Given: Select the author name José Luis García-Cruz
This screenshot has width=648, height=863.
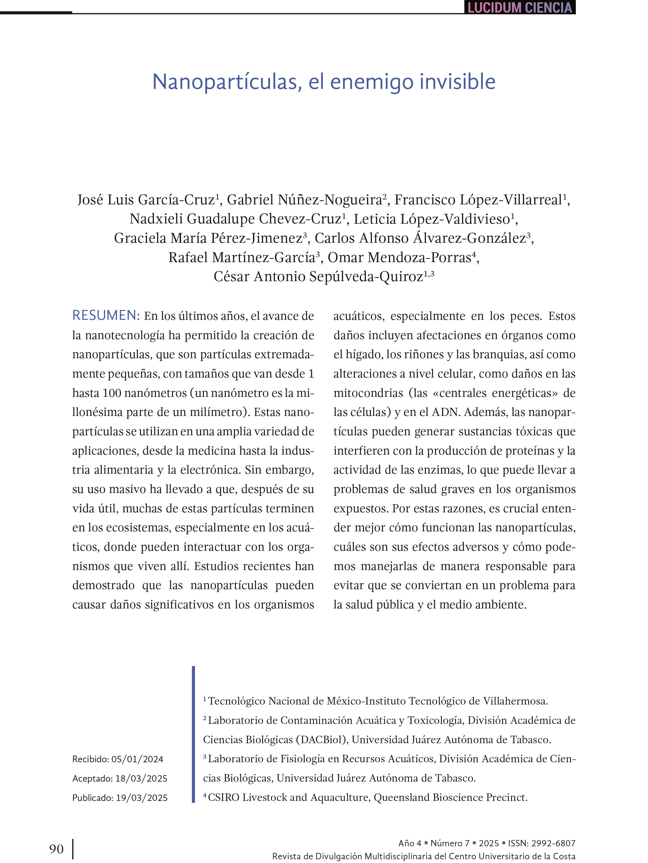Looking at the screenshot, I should pyautogui.click(x=146, y=200).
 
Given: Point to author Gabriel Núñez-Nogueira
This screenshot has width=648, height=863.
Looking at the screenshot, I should pyautogui.click(x=304, y=200).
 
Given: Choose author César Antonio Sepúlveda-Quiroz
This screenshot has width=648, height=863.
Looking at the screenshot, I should pyautogui.click(x=318, y=277).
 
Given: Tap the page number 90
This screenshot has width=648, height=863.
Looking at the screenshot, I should pyautogui.click(x=56, y=849).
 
